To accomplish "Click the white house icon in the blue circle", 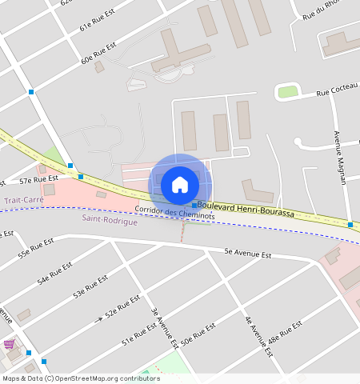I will (180, 185).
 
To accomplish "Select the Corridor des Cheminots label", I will (167, 210).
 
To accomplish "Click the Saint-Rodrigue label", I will (110, 220).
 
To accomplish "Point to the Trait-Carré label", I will (22, 200).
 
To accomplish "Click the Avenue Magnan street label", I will (338, 157).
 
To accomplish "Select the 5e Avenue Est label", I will (249, 254).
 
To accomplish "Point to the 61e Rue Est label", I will (97, 22).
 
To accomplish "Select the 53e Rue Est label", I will (90, 287).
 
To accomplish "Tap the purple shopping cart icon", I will (10, 344).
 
